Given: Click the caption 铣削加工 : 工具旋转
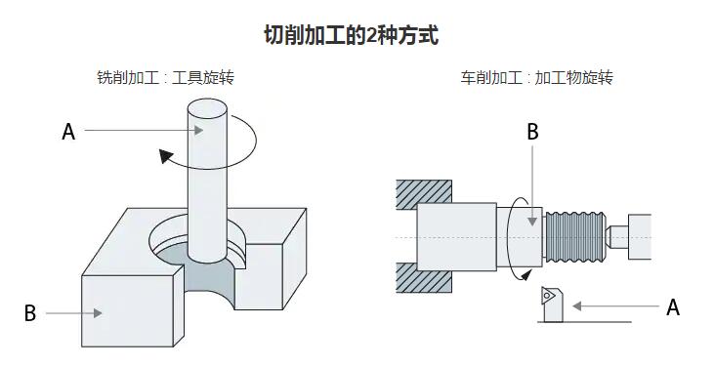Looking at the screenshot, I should pos(165,78).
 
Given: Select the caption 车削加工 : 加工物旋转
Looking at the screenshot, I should pos(537,78).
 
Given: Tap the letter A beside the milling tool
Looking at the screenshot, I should pos(68,131).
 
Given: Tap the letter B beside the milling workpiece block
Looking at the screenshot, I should pos(30,313).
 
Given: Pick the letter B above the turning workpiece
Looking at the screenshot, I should pos(532,132).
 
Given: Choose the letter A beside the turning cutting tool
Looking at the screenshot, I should pos(672,306).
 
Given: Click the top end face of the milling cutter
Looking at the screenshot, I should pos(208,106).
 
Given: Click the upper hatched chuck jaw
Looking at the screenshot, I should pos(425,194).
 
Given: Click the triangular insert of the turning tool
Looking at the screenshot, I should pos(550,293).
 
